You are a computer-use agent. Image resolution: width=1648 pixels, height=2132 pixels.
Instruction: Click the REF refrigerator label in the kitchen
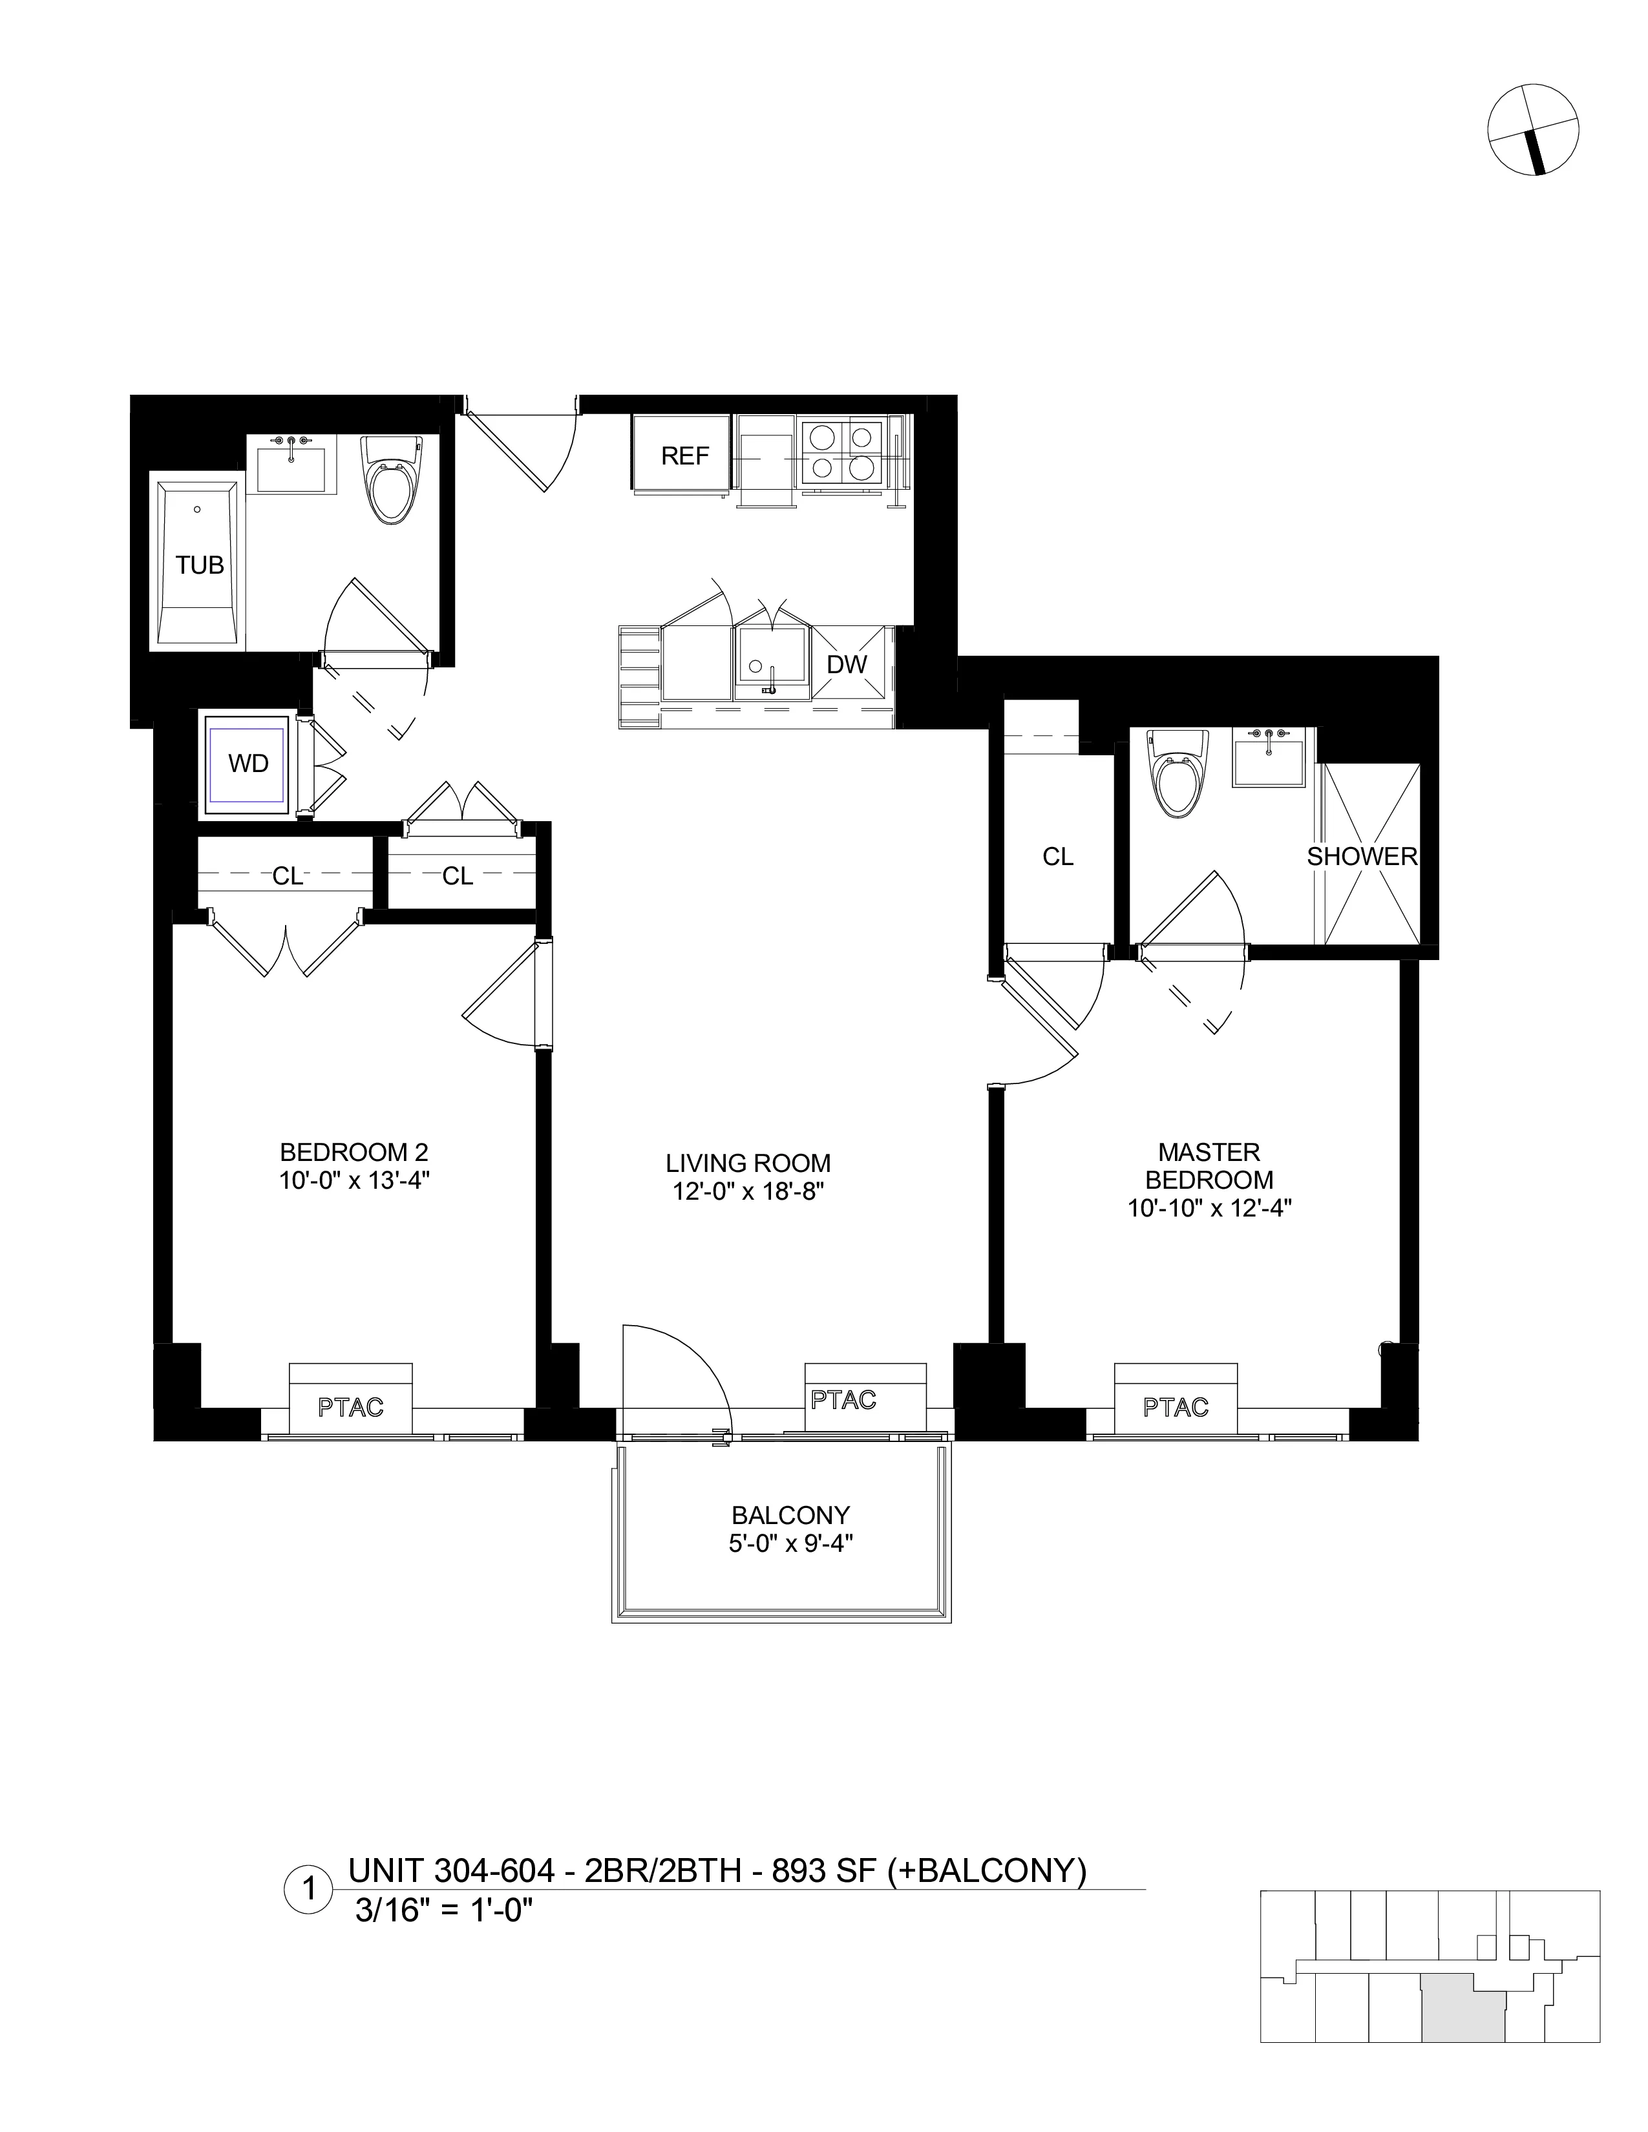pyautogui.click(x=684, y=456)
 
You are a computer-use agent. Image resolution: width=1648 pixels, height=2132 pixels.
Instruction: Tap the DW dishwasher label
pyautogui.click(x=847, y=665)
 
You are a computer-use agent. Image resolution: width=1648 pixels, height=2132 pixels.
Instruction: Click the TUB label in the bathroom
pyautogui.click(x=200, y=564)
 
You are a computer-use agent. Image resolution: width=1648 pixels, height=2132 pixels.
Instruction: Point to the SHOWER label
pyautogui.click(x=1361, y=856)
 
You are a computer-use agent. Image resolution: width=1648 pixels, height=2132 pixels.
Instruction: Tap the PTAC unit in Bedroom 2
pyautogui.click(x=350, y=1406)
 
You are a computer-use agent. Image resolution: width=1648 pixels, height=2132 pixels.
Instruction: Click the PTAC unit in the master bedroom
pyautogui.click(x=1176, y=1406)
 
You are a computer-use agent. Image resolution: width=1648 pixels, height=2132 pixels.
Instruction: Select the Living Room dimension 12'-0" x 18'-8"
pyautogui.click(x=748, y=1192)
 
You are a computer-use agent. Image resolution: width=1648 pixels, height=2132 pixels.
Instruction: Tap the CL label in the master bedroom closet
pyautogui.click(x=1057, y=856)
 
